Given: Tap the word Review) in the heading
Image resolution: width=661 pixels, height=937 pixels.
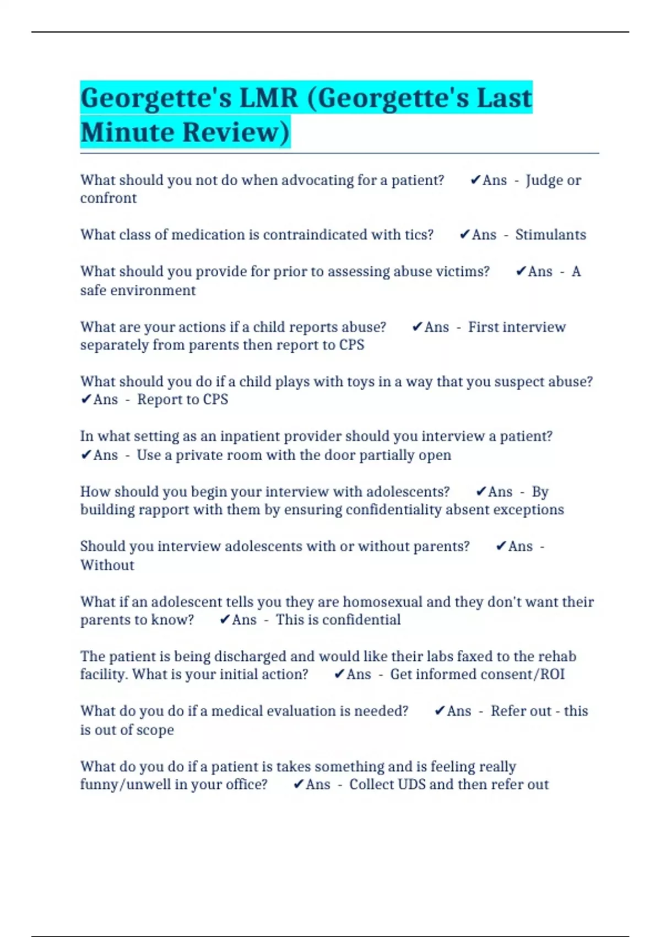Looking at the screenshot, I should click(x=235, y=133).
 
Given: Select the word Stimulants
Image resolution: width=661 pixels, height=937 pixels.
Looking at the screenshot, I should click(x=550, y=235).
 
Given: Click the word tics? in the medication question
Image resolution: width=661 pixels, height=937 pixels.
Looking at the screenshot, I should click(x=419, y=235).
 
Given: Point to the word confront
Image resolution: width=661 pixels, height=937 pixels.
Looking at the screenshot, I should click(x=108, y=198).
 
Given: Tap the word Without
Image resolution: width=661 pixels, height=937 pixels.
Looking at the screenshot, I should click(x=107, y=566).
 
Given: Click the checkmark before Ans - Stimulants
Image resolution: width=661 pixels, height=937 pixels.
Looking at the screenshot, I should click(x=464, y=235).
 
